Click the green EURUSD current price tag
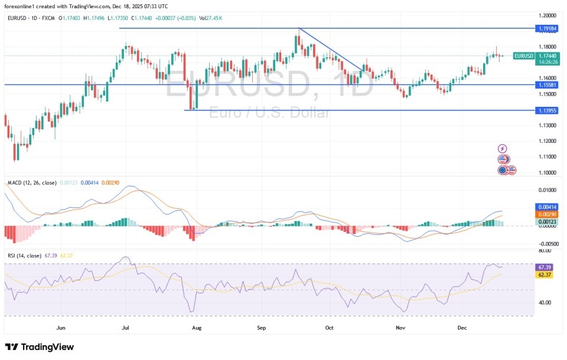pyautogui.click(x=524, y=55)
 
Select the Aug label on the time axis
pyautogui.click(x=197, y=326)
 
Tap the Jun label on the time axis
pyautogui.click(x=60, y=326)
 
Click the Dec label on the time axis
pyautogui.click(x=464, y=326)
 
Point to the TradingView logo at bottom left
pyautogui.click(x=40, y=346)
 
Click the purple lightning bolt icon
pyautogui.click(x=502, y=149)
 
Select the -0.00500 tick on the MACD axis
pyautogui.click(x=548, y=243)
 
